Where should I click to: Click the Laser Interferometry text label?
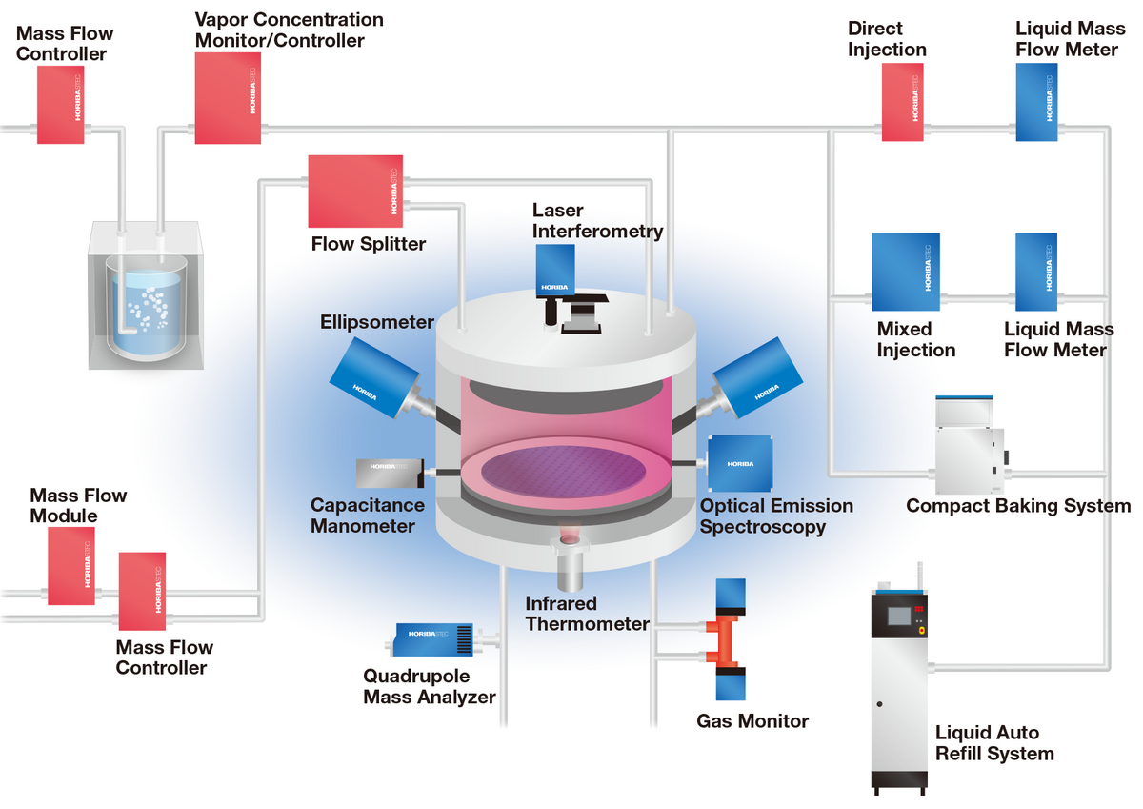click(597, 220)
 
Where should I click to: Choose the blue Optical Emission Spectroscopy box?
click(740, 462)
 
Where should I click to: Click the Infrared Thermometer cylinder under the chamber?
click(571, 569)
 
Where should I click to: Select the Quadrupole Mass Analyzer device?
click(434, 638)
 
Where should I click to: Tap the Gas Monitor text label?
click(752, 721)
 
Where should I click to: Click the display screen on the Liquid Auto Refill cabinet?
click(898, 616)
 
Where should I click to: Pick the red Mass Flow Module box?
click(71, 566)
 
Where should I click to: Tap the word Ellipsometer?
click(377, 322)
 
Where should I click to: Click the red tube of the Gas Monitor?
click(731, 638)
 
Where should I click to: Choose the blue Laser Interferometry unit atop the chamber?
click(555, 270)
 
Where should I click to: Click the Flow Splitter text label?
click(369, 244)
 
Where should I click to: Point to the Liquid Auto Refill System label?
click(994, 743)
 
